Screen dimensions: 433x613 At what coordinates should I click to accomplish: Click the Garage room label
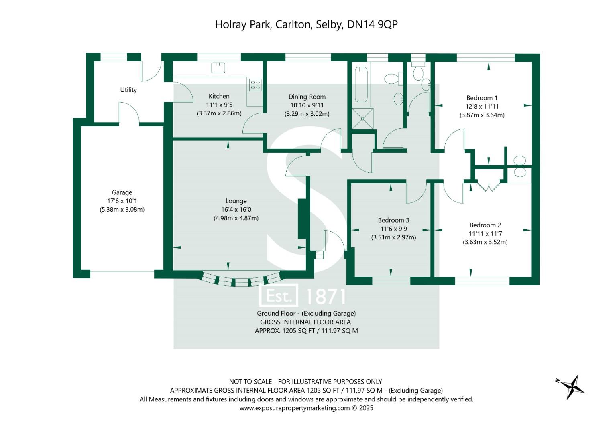pyautogui.click(x=122, y=192)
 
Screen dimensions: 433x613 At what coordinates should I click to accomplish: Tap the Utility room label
pyautogui.click(x=128, y=90)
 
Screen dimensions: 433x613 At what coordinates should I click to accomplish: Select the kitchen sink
pyautogui.click(x=218, y=67)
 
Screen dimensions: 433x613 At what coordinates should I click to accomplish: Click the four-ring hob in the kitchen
pyautogui.click(x=255, y=85)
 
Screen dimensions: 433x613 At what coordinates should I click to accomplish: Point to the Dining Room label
pyautogui.click(x=307, y=97)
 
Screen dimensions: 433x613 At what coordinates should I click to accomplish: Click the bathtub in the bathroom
pyautogui.click(x=361, y=85)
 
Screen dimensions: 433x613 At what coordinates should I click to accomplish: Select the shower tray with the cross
pyautogui.click(x=363, y=119)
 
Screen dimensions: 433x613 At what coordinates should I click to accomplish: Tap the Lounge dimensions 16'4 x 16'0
pyautogui.click(x=236, y=210)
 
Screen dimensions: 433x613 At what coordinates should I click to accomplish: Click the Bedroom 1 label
pyautogui.click(x=482, y=98)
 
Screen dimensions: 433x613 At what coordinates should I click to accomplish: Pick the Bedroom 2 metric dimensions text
pyautogui.click(x=485, y=242)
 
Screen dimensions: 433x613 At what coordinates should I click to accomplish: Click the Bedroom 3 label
pyautogui.click(x=393, y=220)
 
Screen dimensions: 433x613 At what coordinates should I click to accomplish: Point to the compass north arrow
pyautogui.click(x=572, y=386)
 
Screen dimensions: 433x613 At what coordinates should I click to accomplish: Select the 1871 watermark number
pyautogui.click(x=325, y=297)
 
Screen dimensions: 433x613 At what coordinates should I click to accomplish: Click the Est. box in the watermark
pyautogui.click(x=279, y=296)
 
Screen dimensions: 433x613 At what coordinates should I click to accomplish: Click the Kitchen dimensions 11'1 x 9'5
pyautogui.click(x=219, y=105)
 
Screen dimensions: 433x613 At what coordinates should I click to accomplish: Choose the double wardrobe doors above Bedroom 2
pyautogui.click(x=488, y=186)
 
